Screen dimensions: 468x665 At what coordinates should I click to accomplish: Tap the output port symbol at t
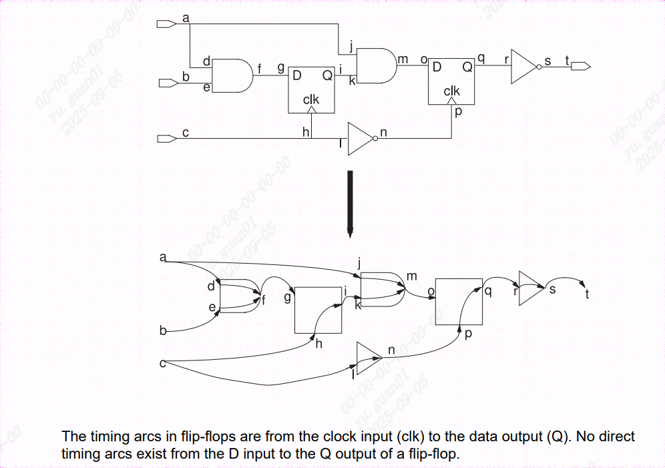pyautogui.click(x=580, y=66)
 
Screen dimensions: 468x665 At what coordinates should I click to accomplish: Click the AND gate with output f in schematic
pyautogui.click(x=232, y=75)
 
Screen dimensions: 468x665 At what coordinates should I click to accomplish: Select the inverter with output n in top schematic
pyautogui.click(x=361, y=138)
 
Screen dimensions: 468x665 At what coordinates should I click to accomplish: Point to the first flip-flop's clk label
pyautogui.click(x=311, y=99)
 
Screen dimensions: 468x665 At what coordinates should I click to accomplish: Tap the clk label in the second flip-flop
pyautogui.click(x=452, y=91)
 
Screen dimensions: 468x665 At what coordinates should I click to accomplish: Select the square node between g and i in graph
pyautogui.click(x=318, y=310)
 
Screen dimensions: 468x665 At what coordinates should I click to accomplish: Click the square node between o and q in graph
pyautogui.click(x=458, y=302)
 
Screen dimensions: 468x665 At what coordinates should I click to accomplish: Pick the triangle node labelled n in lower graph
pyautogui.click(x=367, y=359)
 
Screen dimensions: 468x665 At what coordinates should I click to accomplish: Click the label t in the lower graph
pyautogui.click(x=586, y=294)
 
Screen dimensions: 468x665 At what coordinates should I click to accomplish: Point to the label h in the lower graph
pyautogui.click(x=318, y=344)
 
